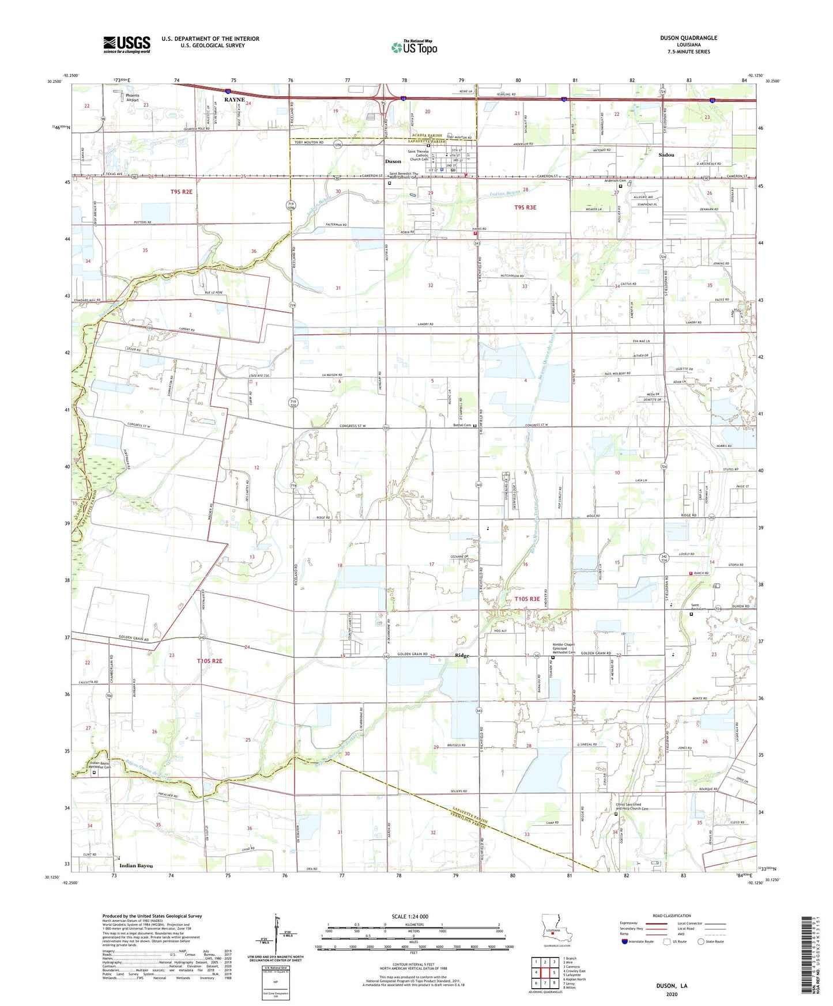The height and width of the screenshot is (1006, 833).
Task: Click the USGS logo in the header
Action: click(126, 44)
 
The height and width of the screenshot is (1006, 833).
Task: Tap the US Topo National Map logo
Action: click(414, 47)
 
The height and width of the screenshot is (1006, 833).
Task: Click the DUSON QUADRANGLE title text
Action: click(688, 38)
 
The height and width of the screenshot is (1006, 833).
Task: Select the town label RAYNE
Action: click(234, 100)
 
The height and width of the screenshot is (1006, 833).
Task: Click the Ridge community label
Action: click(462, 656)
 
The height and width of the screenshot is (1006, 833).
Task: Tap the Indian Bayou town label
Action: click(136, 865)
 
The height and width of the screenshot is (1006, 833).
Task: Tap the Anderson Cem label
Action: click(615, 181)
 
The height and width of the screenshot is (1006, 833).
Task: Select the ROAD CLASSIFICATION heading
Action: click(672, 916)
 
